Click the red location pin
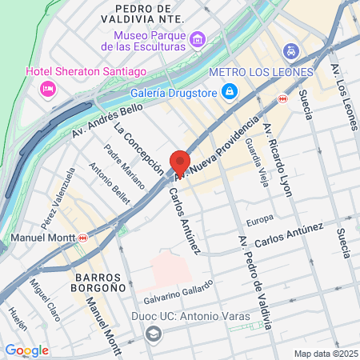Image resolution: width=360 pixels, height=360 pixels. [179, 163]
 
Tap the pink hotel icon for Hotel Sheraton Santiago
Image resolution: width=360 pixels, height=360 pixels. [48, 86]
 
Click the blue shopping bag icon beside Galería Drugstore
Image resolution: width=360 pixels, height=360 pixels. [230, 91]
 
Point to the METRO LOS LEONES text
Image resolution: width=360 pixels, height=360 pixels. [261, 73]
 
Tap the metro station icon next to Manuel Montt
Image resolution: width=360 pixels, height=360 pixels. [83, 238]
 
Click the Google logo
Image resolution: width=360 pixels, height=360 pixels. [26, 350]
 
